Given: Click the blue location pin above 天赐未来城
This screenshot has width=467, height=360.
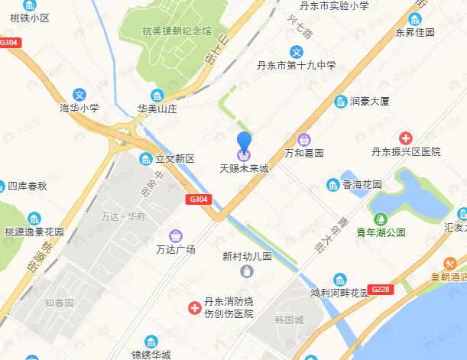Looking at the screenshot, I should coord(245,143).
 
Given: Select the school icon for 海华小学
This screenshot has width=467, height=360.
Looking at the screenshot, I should coord(89,95).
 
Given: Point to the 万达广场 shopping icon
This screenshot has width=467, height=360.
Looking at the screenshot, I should coord(177,235).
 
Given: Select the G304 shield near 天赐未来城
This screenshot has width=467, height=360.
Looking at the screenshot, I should coord(197,199).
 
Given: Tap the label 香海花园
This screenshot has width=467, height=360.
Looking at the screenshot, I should coord(361,185).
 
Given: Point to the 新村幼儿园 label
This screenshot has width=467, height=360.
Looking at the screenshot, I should coord(247,257).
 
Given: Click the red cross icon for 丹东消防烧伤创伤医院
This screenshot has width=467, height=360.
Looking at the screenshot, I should coord(195,309).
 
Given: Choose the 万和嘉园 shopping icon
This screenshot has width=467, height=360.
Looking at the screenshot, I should coord(304,139).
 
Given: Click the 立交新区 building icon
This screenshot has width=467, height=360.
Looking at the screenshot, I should coord(144,159).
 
